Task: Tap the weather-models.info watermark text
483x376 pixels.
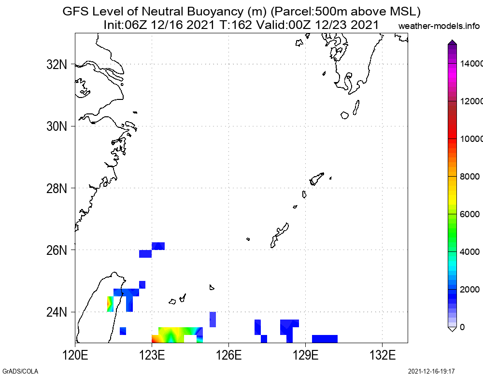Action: click(x=440, y=26)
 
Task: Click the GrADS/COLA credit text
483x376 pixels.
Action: click(x=20, y=371)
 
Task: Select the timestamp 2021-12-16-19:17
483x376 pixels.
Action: click(x=431, y=371)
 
